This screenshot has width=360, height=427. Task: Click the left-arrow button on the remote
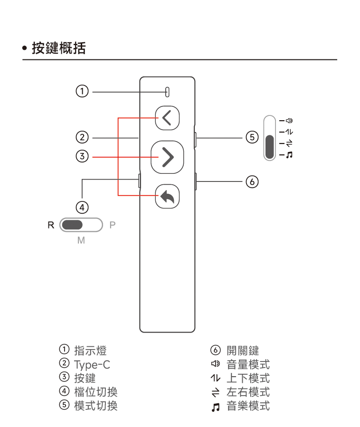pos(167,117)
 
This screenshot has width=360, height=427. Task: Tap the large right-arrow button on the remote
pos(167,157)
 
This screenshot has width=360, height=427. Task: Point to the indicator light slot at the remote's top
pos(167,91)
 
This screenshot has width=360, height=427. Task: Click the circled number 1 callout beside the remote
pos(83,91)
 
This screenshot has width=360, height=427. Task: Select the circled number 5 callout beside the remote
pos(252,138)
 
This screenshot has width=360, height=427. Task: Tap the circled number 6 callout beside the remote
pos(252,181)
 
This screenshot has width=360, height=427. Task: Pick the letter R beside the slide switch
pos(51,225)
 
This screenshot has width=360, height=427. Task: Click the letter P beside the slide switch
pos(112,225)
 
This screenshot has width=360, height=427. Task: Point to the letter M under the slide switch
pos(81,240)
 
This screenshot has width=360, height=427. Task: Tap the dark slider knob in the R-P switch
pos(73,225)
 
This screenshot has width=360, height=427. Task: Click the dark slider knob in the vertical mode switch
pos(270,146)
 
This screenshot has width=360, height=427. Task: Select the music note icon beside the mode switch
pos(290,155)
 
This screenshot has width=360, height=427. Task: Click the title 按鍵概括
pos(59,48)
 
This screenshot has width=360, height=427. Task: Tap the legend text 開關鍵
pos(243,351)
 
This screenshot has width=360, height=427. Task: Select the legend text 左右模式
pos(248,392)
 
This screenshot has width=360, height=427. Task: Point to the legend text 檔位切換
pos(95,392)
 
